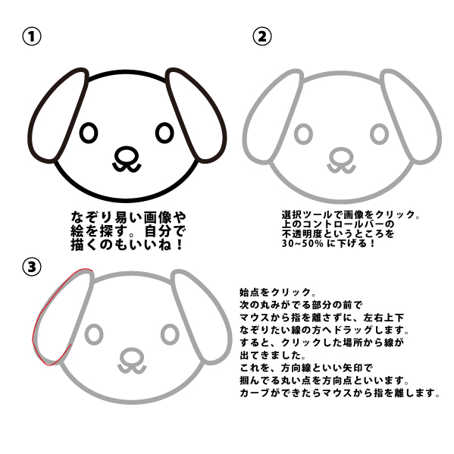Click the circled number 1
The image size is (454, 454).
[x=32, y=36]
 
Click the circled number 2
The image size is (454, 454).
[x=262, y=36]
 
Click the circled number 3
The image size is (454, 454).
[x=32, y=267]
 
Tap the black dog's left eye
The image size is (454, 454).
[x=89, y=133]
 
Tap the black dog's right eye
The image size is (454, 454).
[x=164, y=133]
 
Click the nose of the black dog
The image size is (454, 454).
[x=127, y=155]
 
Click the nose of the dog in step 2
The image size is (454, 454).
[x=341, y=157]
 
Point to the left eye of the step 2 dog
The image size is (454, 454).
[x=303, y=134]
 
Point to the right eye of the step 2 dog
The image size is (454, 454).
[x=379, y=134]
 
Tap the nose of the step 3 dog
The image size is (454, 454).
[x=132, y=357]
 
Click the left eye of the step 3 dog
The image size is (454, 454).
[x=94, y=334]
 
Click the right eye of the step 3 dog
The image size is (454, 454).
[x=170, y=334]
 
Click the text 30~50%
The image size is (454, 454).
[x=302, y=243]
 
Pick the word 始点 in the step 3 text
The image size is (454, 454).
[x=249, y=292]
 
